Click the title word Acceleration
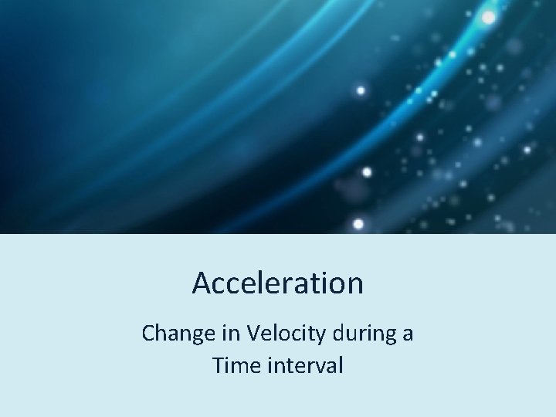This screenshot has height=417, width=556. (277, 283)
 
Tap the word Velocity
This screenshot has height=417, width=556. (280, 334)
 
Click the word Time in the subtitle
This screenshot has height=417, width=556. (232, 365)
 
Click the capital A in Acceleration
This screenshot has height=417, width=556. (202, 283)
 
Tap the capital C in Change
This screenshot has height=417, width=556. (149, 334)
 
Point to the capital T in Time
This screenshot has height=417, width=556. (218, 365)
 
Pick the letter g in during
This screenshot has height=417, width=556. (387, 337)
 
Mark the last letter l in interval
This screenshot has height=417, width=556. (340, 364)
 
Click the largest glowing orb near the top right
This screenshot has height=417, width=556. (489, 17)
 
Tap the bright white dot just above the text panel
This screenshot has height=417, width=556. (358, 224)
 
